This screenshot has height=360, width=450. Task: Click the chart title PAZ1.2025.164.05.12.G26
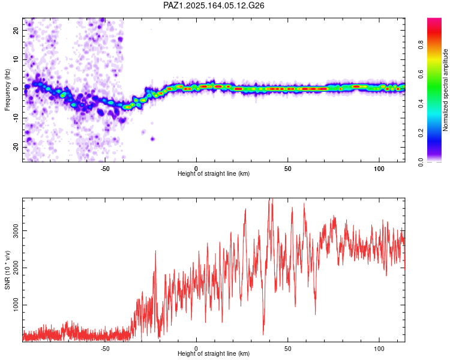pyautogui.click(x=214, y=5)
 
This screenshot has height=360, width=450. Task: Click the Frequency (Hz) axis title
pyautogui.click(x=7, y=90)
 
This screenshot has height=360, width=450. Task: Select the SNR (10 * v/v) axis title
pyautogui.click(x=7, y=270)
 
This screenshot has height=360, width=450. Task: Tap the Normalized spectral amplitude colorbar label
pyautogui.click(x=445, y=90)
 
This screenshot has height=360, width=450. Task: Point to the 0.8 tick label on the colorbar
pyautogui.click(x=421, y=45)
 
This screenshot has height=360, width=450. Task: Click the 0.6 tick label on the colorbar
pyautogui.click(x=421, y=74)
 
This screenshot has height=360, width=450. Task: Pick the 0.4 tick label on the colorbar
pyautogui.click(x=421, y=104)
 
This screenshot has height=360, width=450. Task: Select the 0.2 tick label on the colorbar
pyautogui.click(x=421, y=133)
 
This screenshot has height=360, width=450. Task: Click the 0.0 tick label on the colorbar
pyautogui.click(x=421, y=162)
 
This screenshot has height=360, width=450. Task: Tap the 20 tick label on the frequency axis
pyautogui.click(x=16, y=30)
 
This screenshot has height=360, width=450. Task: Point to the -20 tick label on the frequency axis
pyautogui.click(x=16, y=147)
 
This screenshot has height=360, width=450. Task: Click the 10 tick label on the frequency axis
pyautogui.click(x=16, y=59)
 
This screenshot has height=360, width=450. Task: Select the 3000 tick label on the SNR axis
pyautogui.click(x=16, y=231)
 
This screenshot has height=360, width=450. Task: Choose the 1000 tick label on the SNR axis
pyautogui.click(x=16, y=305)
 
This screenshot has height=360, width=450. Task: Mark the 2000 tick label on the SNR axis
pyautogui.click(x=16, y=268)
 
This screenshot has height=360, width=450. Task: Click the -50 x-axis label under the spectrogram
pyautogui.click(x=105, y=169)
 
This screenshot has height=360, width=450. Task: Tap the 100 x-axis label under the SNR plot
pyautogui.click(x=379, y=349)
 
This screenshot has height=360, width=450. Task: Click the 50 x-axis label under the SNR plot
pyautogui.click(x=287, y=349)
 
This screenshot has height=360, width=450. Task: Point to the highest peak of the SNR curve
pyautogui.click(x=272, y=199)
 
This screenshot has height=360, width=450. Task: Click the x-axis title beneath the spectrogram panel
pyautogui.click(x=214, y=173)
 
